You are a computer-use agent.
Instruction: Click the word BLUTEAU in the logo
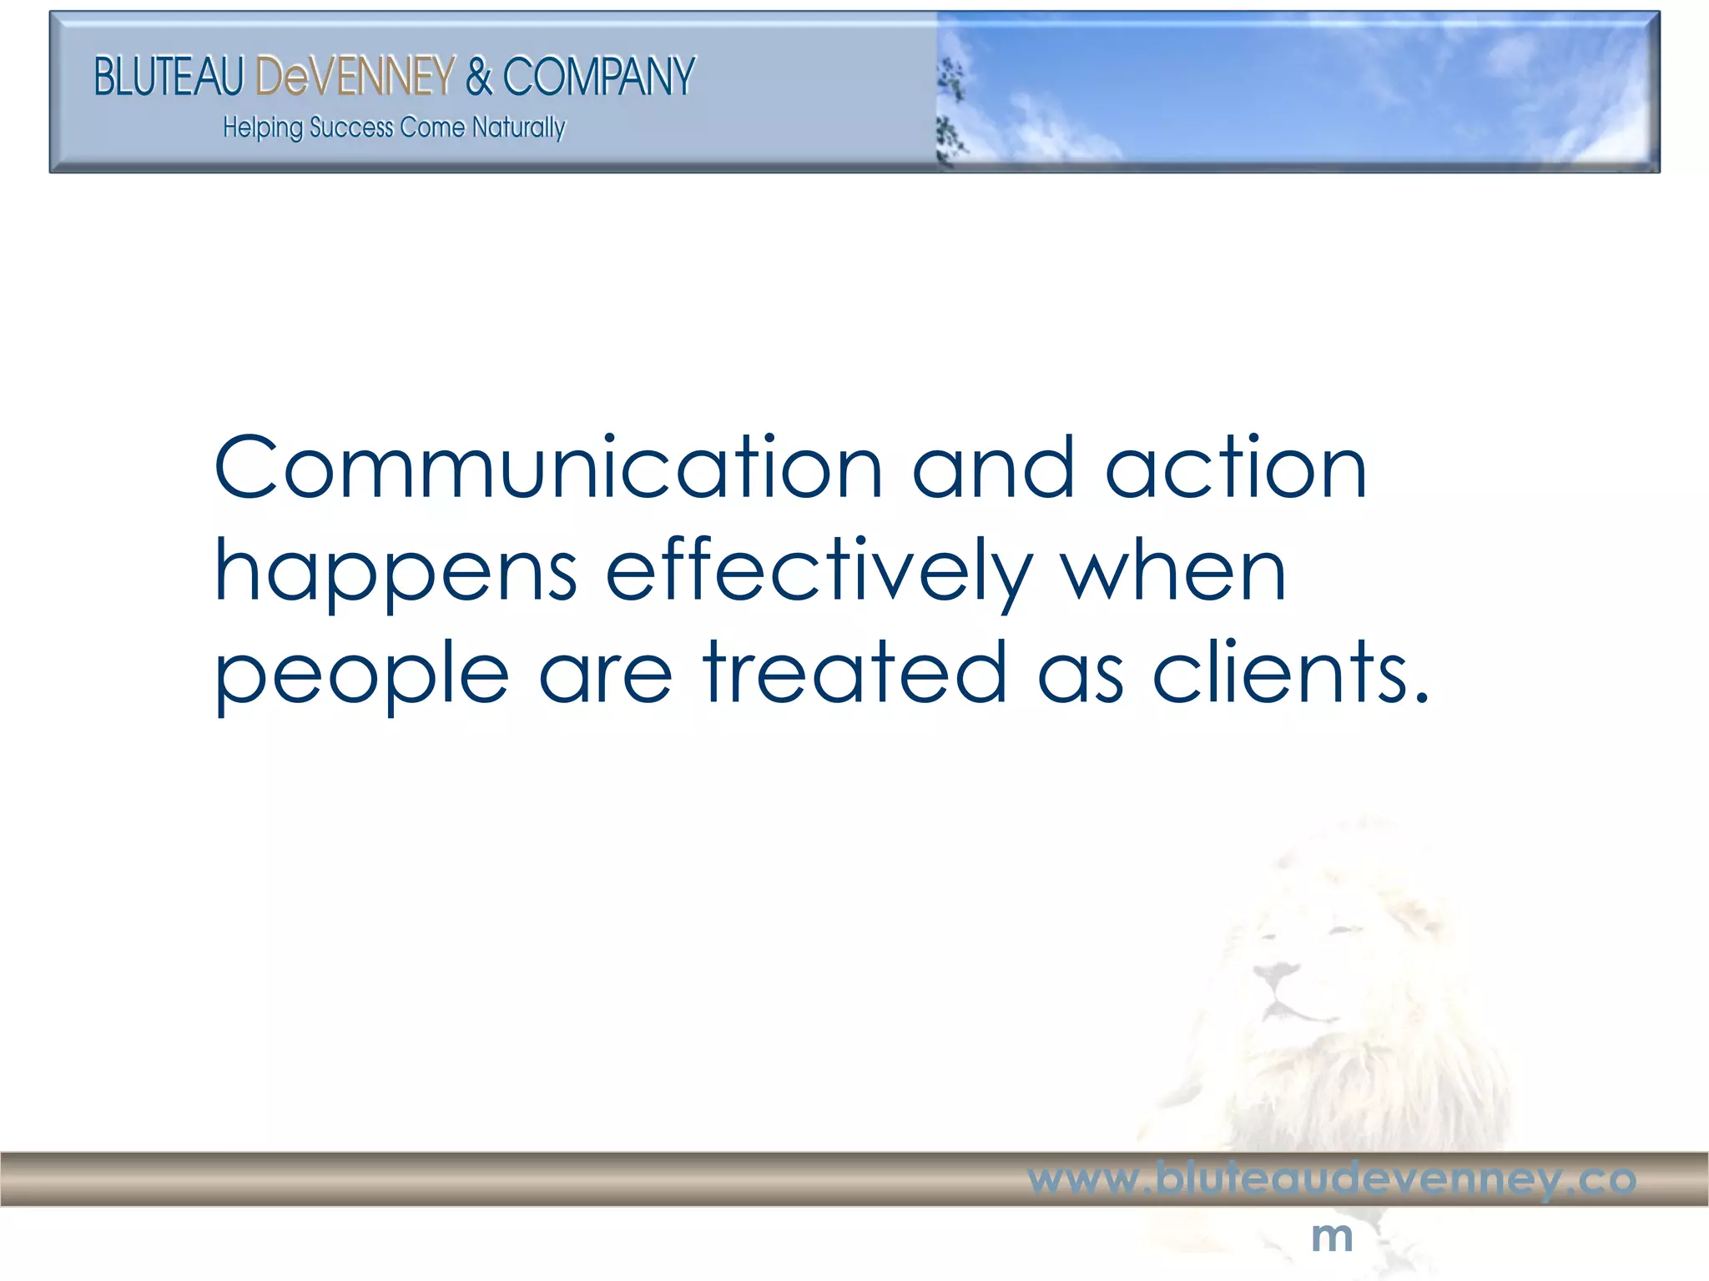(x=169, y=77)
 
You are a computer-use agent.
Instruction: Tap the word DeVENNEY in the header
(x=355, y=77)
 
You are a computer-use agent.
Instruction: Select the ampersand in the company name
(x=479, y=77)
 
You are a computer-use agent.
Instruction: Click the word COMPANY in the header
(x=598, y=77)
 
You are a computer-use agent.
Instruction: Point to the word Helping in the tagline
(x=262, y=128)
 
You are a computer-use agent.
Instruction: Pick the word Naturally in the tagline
(x=518, y=128)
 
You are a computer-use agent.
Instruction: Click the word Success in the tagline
(x=351, y=128)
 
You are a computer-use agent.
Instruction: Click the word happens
(x=396, y=574)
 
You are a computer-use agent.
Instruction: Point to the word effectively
(x=818, y=574)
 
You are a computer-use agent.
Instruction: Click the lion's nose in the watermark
(x=1275, y=972)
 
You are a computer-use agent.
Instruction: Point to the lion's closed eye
(x=1345, y=928)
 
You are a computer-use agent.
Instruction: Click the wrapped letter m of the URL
(x=1332, y=1237)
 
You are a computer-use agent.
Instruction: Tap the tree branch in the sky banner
(x=949, y=108)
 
